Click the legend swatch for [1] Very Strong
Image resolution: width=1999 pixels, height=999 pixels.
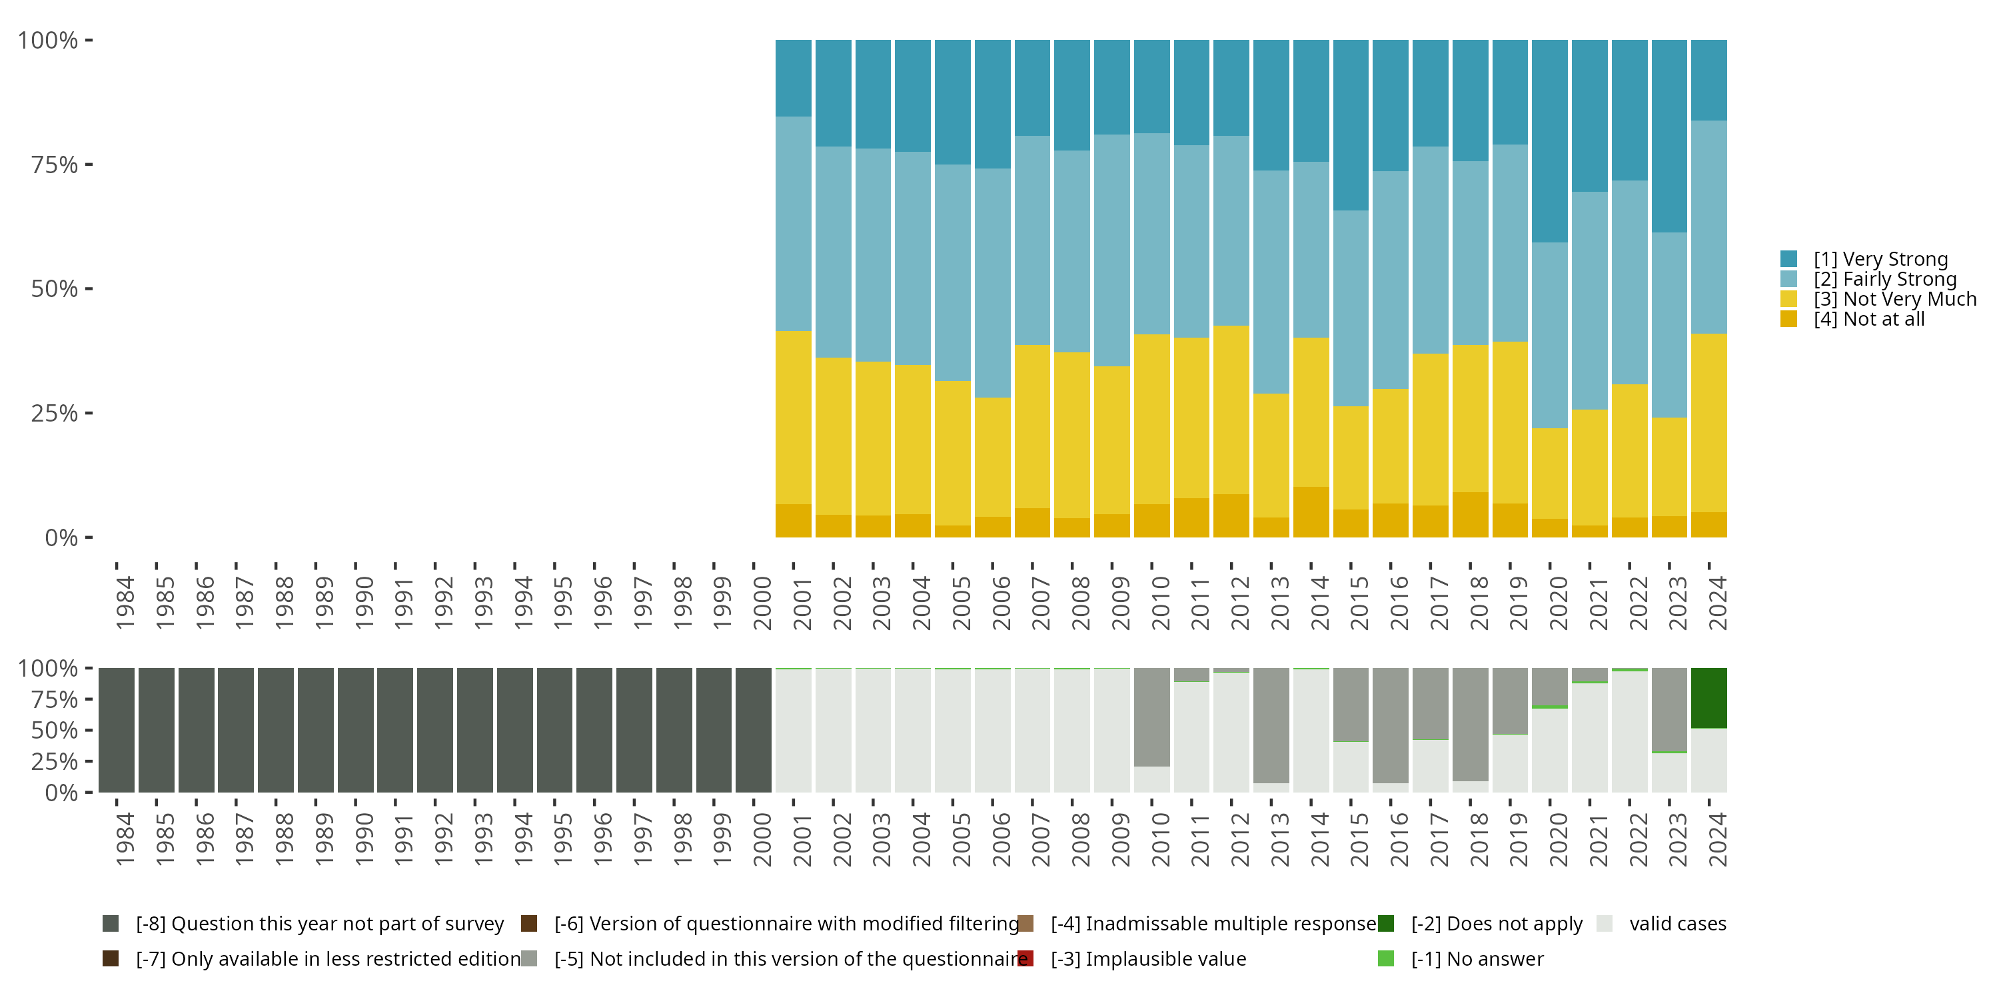(1788, 259)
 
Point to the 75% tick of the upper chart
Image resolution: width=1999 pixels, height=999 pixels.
(89, 165)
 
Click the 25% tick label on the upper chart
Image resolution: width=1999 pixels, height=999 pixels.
(55, 414)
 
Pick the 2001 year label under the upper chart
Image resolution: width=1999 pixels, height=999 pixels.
(802, 603)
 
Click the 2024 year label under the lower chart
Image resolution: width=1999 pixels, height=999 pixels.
(1717, 839)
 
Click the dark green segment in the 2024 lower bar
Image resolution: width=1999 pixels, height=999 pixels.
(1708, 698)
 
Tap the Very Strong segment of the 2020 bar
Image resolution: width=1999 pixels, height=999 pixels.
(1549, 141)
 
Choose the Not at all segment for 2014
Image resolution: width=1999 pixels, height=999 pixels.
(1311, 512)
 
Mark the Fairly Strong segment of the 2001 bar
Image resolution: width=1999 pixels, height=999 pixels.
(793, 224)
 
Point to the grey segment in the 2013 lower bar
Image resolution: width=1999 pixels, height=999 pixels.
(1271, 725)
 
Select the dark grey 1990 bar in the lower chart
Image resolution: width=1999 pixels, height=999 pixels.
(355, 730)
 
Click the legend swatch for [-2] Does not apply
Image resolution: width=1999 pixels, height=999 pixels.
(1385, 924)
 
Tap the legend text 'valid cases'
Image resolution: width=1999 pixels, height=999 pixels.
(1677, 924)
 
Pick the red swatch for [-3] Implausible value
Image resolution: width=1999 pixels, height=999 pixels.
(1025, 958)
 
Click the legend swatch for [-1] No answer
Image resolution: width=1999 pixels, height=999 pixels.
(1385, 958)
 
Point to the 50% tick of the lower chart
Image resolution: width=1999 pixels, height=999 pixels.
(89, 731)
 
